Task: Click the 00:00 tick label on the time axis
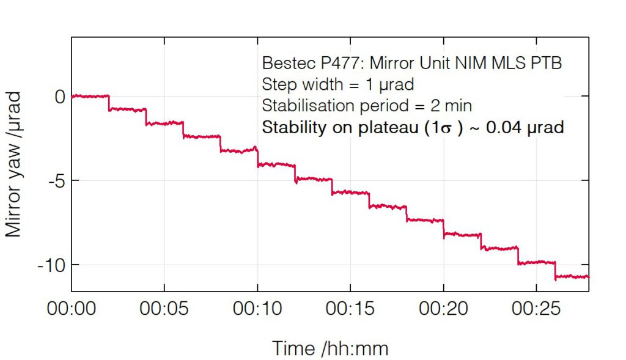point(72,309)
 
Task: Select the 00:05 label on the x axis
point(164,309)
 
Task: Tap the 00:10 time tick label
point(257,309)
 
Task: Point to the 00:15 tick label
point(350,309)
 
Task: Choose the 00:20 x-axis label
point(443,309)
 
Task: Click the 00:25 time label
point(536,309)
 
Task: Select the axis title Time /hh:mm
point(330,349)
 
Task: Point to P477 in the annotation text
point(331,64)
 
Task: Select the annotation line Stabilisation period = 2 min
point(367,106)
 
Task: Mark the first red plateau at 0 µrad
point(90,96)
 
